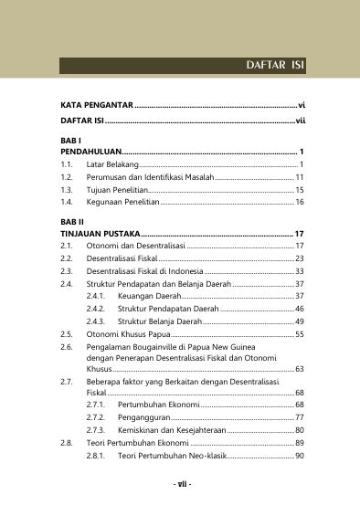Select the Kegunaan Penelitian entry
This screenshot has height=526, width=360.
tap(122, 200)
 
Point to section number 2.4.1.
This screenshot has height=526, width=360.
tap(95, 297)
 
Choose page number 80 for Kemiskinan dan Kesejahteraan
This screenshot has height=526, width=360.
tap(299, 429)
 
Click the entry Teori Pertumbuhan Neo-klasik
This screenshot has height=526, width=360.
tap(171, 455)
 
